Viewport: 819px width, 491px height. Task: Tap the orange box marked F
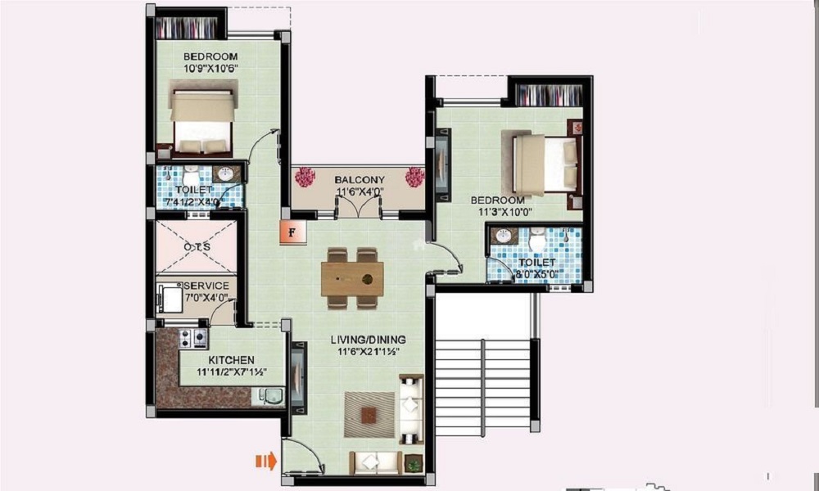(291, 232)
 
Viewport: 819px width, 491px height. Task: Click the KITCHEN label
(231, 360)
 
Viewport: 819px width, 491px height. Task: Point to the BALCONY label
(359, 180)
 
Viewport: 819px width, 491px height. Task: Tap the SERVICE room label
(206, 286)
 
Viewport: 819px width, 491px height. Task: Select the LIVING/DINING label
(369, 340)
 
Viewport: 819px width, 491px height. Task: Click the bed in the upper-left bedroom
(202, 120)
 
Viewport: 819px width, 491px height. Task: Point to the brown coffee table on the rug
(369, 415)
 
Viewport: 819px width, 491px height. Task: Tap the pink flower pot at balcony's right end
(415, 176)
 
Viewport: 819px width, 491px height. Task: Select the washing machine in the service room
(171, 299)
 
